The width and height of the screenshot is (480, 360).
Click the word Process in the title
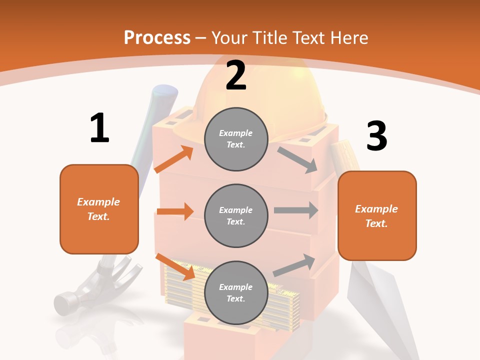[157, 38]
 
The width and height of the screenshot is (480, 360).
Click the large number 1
[99, 128]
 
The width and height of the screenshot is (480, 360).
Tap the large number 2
[236, 75]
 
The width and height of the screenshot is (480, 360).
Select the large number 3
[376, 136]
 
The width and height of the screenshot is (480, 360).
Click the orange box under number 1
[99, 209]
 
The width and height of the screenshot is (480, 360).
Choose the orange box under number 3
[377, 216]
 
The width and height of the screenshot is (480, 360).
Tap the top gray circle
[236, 139]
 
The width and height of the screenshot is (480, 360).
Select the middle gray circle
[236, 216]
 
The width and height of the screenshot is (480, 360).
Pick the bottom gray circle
[236, 293]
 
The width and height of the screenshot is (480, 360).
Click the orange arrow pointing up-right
[174, 159]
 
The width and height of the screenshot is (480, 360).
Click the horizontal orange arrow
[175, 211]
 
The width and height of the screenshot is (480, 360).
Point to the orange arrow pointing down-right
[175, 266]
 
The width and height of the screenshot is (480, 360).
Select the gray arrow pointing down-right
[297, 159]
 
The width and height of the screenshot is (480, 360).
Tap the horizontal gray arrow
[295, 210]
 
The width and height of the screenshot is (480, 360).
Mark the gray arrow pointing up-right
[294, 265]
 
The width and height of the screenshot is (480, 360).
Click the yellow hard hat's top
[260, 85]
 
